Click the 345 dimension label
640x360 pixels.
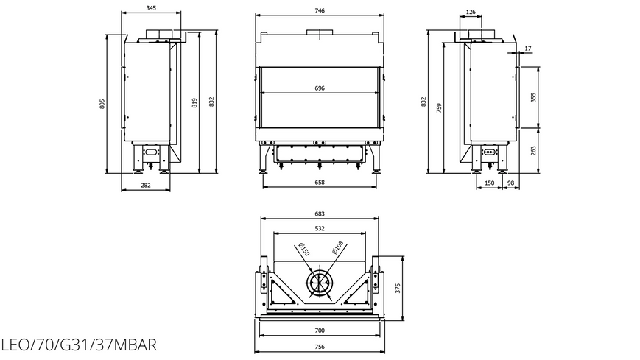[151, 8]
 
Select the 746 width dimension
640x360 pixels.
[320, 10]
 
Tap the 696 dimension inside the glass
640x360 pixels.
[320, 88]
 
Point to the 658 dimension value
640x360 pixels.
[320, 183]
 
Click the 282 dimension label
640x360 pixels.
[146, 186]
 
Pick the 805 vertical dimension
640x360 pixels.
[102, 104]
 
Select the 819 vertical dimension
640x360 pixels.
[194, 103]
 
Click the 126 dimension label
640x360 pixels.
[471, 12]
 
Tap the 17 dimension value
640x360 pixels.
[528, 49]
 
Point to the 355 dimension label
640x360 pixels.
[533, 98]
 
